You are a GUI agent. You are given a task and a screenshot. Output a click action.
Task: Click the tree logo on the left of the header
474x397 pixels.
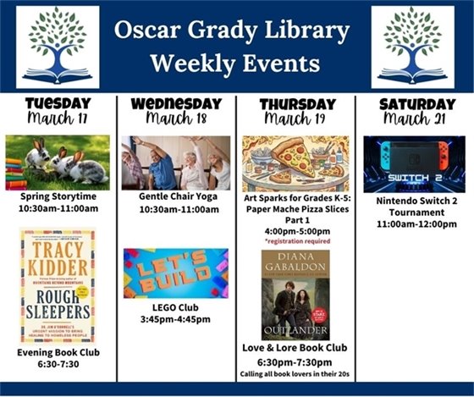click(58, 47)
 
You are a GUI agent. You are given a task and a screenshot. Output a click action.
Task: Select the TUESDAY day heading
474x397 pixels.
click(58, 103)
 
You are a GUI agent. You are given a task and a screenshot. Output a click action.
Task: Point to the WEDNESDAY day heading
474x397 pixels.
click(176, 103)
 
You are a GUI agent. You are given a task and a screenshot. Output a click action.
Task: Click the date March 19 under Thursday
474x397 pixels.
click(295, 119)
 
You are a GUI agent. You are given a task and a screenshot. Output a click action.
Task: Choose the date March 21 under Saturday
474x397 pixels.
click(414, 119)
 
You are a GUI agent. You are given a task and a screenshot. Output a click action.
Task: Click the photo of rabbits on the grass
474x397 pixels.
click(58, 162)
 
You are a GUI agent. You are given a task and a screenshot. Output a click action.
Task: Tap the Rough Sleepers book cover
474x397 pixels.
click(58, 285)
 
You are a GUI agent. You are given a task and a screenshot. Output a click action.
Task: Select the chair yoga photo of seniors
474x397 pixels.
click(176, 162)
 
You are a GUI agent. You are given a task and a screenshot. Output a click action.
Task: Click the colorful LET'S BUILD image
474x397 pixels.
click(176, 273)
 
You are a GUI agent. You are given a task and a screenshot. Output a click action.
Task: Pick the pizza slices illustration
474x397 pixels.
click(295, 163)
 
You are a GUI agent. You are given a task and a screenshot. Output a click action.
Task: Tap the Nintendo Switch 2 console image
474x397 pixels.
click(414, 163)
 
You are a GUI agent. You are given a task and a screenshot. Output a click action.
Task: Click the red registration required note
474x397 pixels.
click(295, 241)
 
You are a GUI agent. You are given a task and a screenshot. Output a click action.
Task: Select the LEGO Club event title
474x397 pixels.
click(176, 306)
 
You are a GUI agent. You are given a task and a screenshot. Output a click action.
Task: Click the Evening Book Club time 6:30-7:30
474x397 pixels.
click(58, 365)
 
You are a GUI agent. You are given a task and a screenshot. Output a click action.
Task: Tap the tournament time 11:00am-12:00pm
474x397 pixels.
click(414, 224)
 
